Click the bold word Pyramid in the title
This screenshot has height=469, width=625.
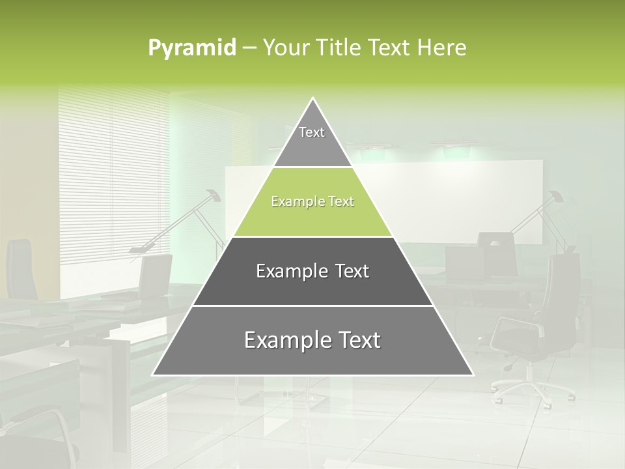click(192, 48)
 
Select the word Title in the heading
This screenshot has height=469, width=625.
click(339, 48)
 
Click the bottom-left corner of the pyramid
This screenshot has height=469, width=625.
click(154, 375)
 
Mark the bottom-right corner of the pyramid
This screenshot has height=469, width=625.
click(472, 375)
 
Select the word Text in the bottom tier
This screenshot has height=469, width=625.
click(355, 340)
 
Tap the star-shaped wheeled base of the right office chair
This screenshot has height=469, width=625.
click(531, 388)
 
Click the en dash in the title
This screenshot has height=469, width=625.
click(249, 48)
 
